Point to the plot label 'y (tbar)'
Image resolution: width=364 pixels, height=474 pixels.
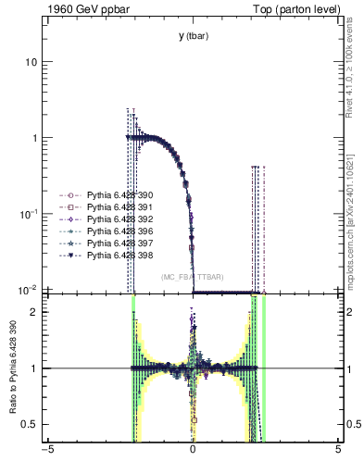pyautogui.click(x=193, y=36)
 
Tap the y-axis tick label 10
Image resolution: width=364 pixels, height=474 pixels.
pyautogui.click(x=31, y=62)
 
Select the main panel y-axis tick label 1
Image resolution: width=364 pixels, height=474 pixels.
pyautogui.click(x=34, y=138)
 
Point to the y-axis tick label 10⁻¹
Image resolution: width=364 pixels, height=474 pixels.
pyautogui.click(x=28, y=214)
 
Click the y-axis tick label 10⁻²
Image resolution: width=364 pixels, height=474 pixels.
pyautogui.click(x=28, y=289)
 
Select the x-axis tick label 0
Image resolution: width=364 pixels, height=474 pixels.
pyautogui.click(x=193, y=453)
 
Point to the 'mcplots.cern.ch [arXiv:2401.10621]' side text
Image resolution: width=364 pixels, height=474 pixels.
pyautogui.click(x=349, y=211)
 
